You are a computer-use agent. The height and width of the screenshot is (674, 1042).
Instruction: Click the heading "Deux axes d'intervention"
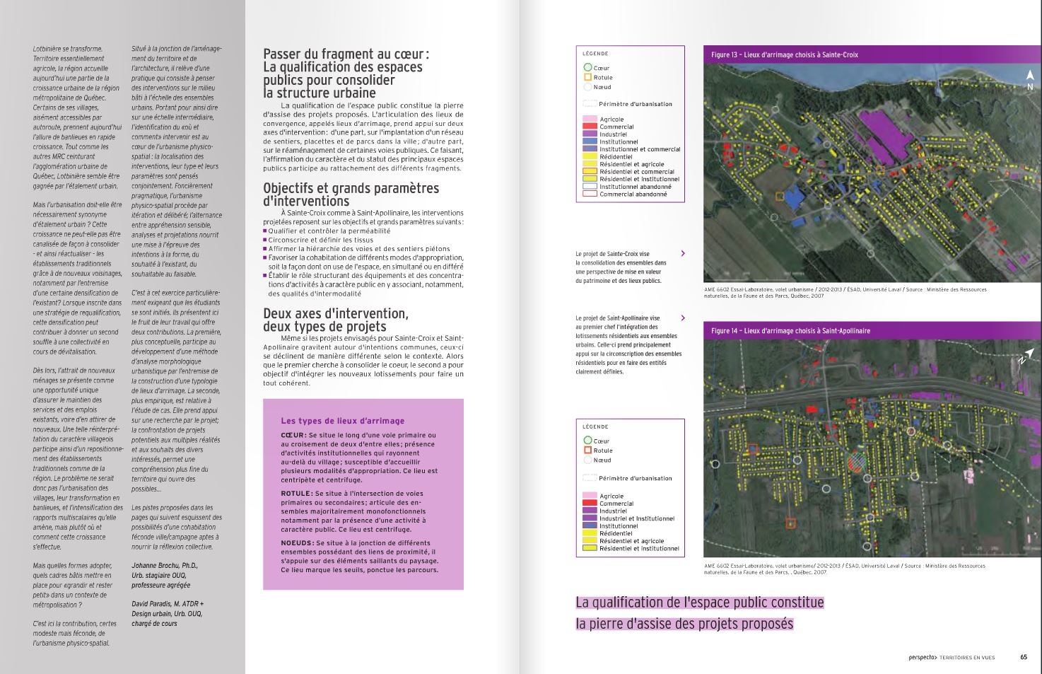[x=336, y=313]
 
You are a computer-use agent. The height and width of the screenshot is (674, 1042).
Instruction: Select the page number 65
[x=1024, y=657]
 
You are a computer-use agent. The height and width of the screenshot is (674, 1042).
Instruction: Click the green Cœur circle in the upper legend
[x=587, y=68]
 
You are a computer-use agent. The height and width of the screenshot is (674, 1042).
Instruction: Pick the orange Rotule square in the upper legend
[x=587, y=77]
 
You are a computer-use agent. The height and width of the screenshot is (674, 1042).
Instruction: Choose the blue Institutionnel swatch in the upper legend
[x=590, y=141]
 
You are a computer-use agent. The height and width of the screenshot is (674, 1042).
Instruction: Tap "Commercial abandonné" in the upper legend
[x=633, y=194]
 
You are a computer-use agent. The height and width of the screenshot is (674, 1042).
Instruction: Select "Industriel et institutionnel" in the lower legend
[x=636, y=518]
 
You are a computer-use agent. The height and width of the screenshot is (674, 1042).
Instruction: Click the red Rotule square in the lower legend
[x=587, y=451]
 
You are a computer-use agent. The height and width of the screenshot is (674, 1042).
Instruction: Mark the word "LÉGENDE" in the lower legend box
[x=595, y=426]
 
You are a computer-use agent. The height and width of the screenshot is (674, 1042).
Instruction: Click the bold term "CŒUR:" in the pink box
[x=293, y=436]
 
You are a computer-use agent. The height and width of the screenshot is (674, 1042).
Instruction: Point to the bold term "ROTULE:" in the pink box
[x=296, y=494]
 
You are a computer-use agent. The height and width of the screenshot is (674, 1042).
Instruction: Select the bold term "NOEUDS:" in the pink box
[x=297, y=543]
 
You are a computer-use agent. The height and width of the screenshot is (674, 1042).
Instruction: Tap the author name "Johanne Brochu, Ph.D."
[x=165, y=566]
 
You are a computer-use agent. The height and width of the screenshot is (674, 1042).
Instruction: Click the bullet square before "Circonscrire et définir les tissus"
[x=265, y=240]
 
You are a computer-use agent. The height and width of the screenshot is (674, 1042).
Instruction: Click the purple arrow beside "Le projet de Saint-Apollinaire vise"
[x=683, y=318]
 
